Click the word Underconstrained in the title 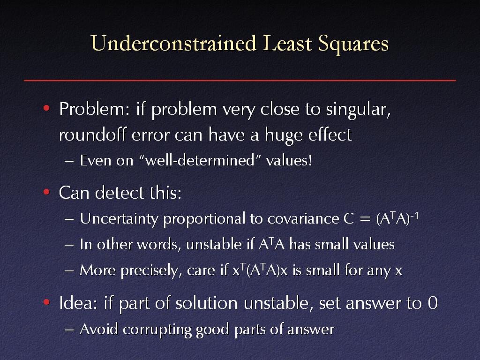pos(173,43)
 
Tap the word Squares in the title pos(353,45)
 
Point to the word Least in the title pos(287,43)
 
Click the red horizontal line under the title pos(240,81)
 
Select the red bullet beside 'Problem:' pos(46,108)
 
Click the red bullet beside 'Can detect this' pos(46,192)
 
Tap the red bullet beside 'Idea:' pos(46,302)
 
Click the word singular pos(358,110)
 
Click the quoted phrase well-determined pos(200,160)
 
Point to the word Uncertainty pos(119,219)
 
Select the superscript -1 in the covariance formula pos(414,216)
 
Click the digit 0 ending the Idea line pos(433,303)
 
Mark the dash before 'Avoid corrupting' pos(69,330)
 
